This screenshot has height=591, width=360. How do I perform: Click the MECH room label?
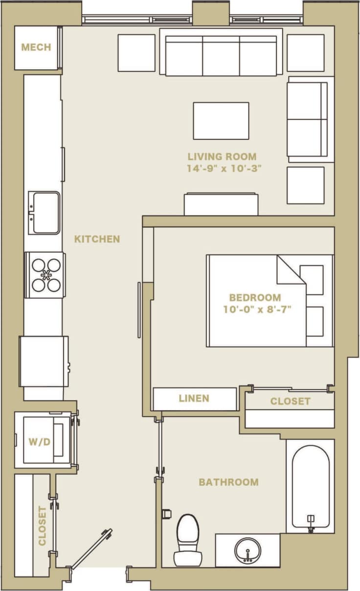(x=36, y=47)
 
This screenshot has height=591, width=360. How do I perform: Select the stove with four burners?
(x=45, y=275)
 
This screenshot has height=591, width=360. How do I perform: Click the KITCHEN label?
(x=97, y=239)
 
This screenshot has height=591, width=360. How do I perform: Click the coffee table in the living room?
(x=221, y=120)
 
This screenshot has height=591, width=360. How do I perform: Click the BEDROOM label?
(x=255, y=297)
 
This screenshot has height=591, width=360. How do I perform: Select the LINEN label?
(x=194, y=398)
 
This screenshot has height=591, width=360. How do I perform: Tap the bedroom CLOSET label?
(x=290, y=401)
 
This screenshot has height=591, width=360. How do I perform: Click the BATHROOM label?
(x=228, y=482)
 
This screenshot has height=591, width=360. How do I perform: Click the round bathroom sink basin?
(x=247, y=551)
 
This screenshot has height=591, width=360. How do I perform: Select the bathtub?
(x=311, y=486)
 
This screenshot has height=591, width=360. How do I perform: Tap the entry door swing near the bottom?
(x=91, y=548)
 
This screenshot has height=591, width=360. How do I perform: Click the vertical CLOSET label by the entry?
(x=42, y=525)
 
